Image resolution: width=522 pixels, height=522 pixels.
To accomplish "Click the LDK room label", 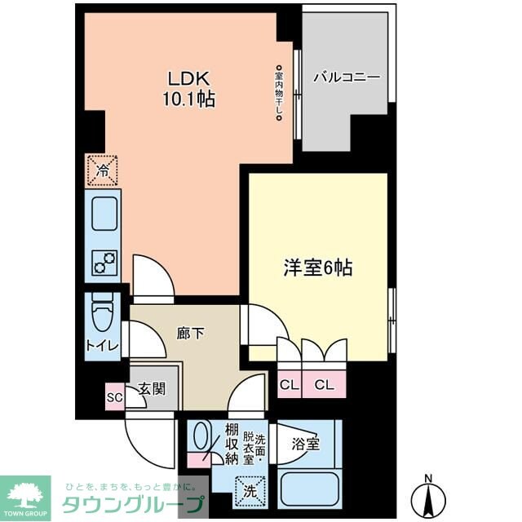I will pos(190,79).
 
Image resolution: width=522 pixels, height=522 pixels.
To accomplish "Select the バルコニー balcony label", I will pos(347,78).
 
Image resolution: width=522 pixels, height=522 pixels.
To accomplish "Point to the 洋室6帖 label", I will pos(317,268).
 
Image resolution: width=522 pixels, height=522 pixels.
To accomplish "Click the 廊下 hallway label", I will pos(189,333).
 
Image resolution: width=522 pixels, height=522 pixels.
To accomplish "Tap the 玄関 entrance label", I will pos(153,390).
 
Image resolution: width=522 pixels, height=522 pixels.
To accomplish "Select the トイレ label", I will pos(102,346).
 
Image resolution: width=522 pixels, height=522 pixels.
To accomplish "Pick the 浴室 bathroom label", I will pos(305,445).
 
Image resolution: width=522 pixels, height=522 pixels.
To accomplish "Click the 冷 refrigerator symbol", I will pos(103,170).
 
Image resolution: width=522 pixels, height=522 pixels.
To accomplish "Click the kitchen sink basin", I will pos(104,215).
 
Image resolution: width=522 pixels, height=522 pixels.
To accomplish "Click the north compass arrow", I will pos(427,497).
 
